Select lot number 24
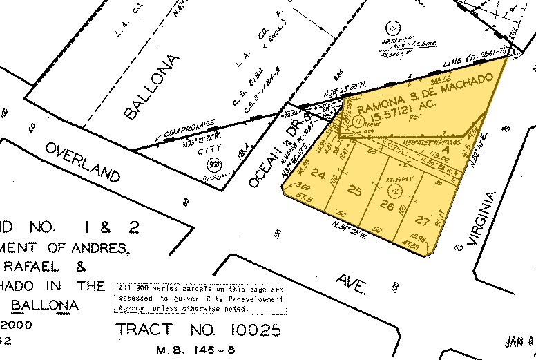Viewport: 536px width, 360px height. point(318,173)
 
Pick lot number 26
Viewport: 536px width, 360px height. point(387,205)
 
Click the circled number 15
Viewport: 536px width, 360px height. point(394,28)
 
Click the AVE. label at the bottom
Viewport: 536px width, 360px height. point(352,284)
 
